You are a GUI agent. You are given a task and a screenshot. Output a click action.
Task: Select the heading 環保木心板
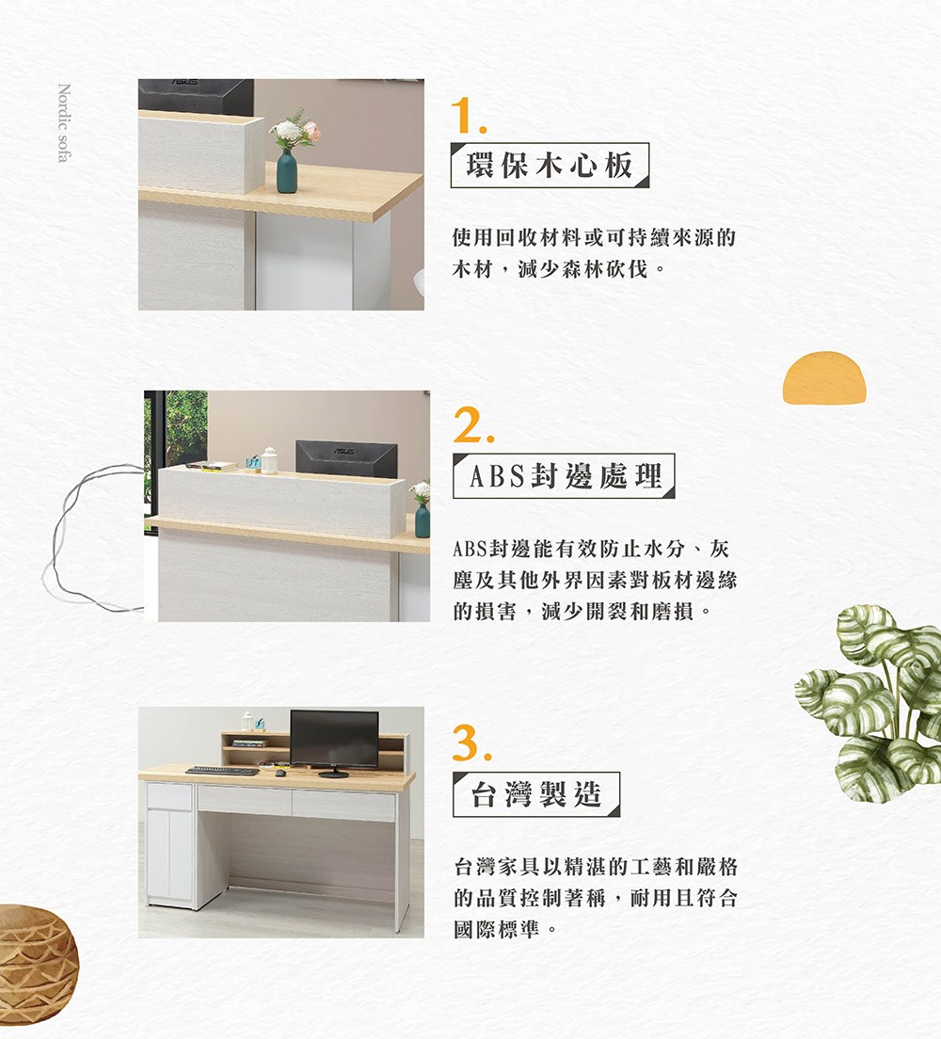click(550, 166)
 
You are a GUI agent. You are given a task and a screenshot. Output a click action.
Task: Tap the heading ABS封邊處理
click(563, 476)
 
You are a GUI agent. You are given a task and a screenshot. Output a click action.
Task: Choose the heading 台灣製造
click(536, 795)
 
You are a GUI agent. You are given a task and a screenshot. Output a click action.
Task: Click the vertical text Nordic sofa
click(63, 123)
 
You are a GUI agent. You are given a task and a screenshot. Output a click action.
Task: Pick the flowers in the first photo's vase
click(294, 131)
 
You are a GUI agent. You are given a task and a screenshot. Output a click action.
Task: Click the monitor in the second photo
click(345, 458)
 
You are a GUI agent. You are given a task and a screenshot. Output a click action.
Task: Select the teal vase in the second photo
click(422, 519)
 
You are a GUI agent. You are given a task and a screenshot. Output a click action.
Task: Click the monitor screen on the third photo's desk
click(334, 739)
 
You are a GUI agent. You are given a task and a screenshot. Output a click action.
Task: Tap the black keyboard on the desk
click(222, 771)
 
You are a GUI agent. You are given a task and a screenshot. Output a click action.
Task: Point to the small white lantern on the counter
click(269, 460)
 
